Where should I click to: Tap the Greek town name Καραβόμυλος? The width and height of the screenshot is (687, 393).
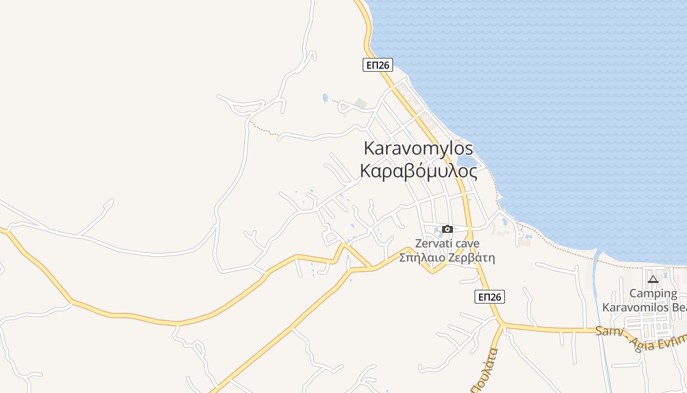pyautogui.click(x=418, y=171)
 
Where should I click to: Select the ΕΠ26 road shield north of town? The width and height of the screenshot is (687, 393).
pyautogui.click(x=378, y=65)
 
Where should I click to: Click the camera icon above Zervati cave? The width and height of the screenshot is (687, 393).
pyautogui.click(x=447, y=229)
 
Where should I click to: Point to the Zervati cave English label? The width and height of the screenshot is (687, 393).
pyautogui.click(x=447, y=243)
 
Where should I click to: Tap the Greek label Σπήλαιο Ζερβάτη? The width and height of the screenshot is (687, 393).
pyautogui.click(x=447, y=257)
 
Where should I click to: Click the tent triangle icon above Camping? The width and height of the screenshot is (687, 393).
pyautogui.click(x=653, y=280)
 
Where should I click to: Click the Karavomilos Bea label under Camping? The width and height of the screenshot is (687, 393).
pyautogui.click(x=644, y=308)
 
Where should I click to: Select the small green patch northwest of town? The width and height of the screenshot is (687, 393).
pyautogui.click(x=361, y=103)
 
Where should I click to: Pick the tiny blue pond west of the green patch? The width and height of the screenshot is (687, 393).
pyautogui.click(x=325, y=98)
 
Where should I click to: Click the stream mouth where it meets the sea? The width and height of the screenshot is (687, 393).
pyautogui.click(x=597, y=255)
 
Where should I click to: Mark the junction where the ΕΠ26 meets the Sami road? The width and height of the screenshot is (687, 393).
pyautogui.click(x=502, y=324)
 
